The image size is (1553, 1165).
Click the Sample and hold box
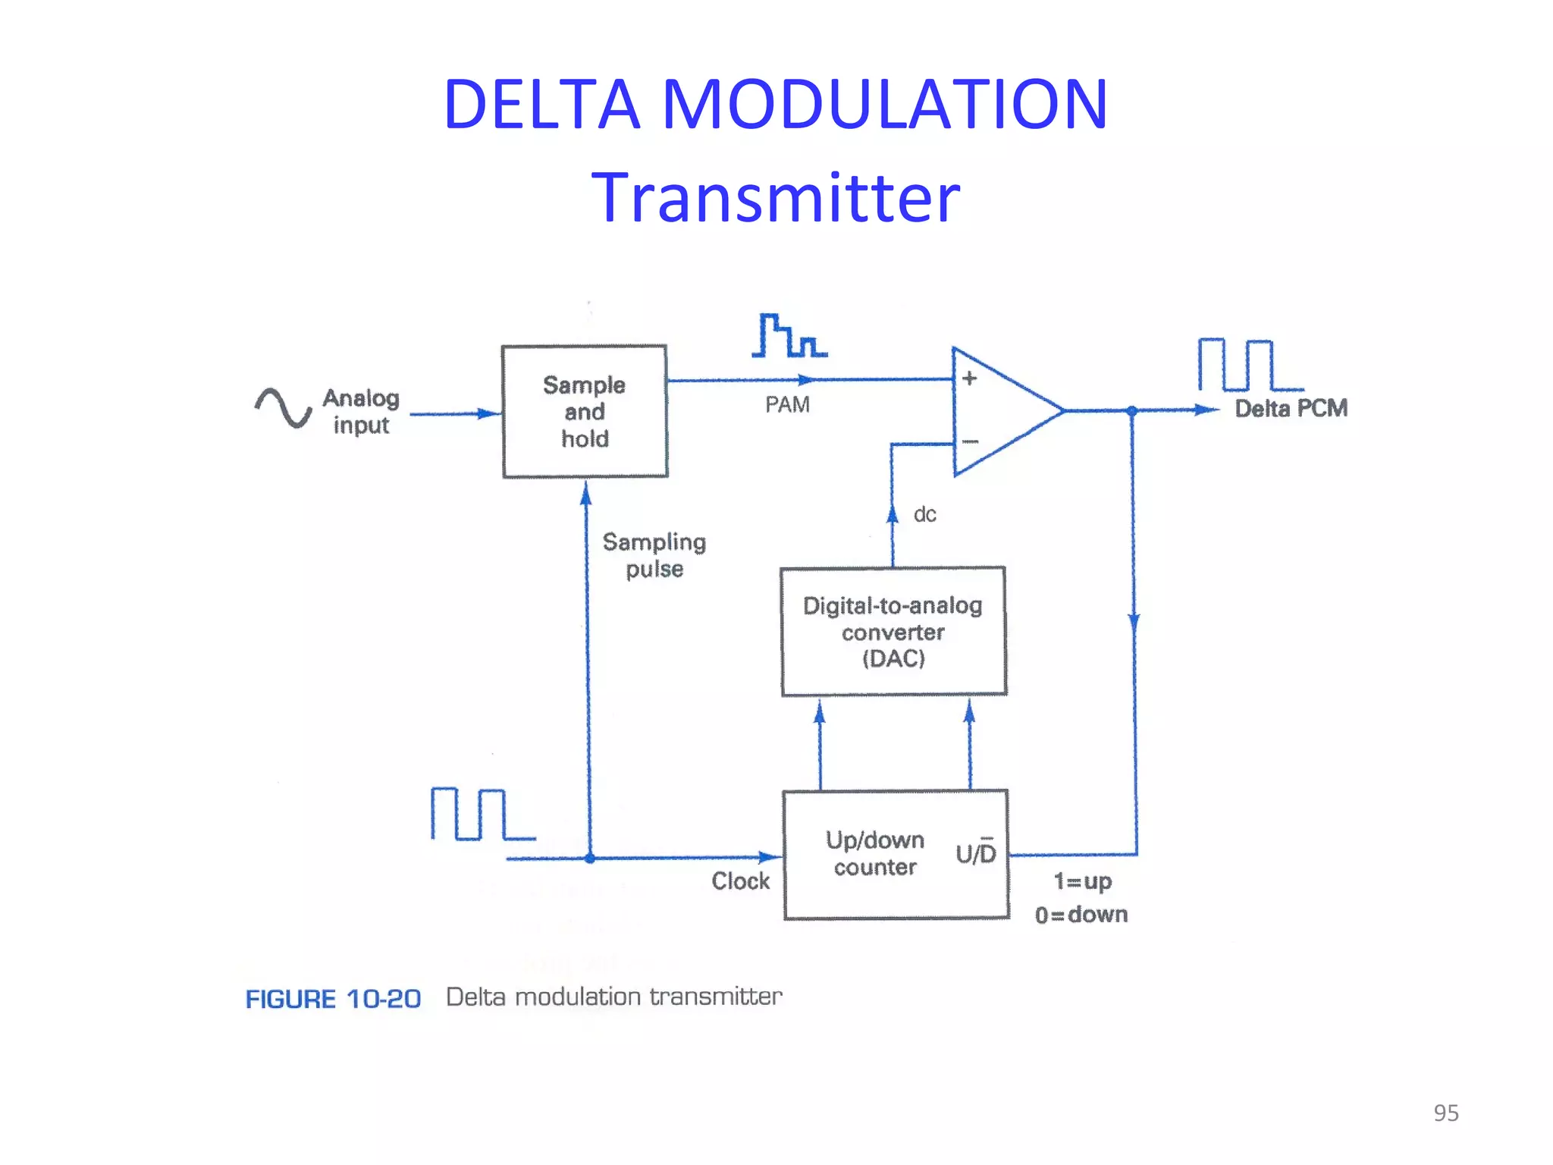585,412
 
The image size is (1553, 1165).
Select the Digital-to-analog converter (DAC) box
893,631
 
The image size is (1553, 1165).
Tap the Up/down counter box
896,855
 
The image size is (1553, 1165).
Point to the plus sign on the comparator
969,378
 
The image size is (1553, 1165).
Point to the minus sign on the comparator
970,441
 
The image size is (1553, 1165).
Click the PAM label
787,405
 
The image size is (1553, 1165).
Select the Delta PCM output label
1291,409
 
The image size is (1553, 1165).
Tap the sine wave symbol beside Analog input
283,408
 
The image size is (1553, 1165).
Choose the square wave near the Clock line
482,815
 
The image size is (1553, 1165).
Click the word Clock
740,881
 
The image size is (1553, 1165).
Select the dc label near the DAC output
924,515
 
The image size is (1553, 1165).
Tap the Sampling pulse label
654,555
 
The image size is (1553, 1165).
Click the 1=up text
1082,881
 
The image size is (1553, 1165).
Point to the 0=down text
1081,915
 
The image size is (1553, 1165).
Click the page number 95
1445,1113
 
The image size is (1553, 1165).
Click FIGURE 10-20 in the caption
333,999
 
